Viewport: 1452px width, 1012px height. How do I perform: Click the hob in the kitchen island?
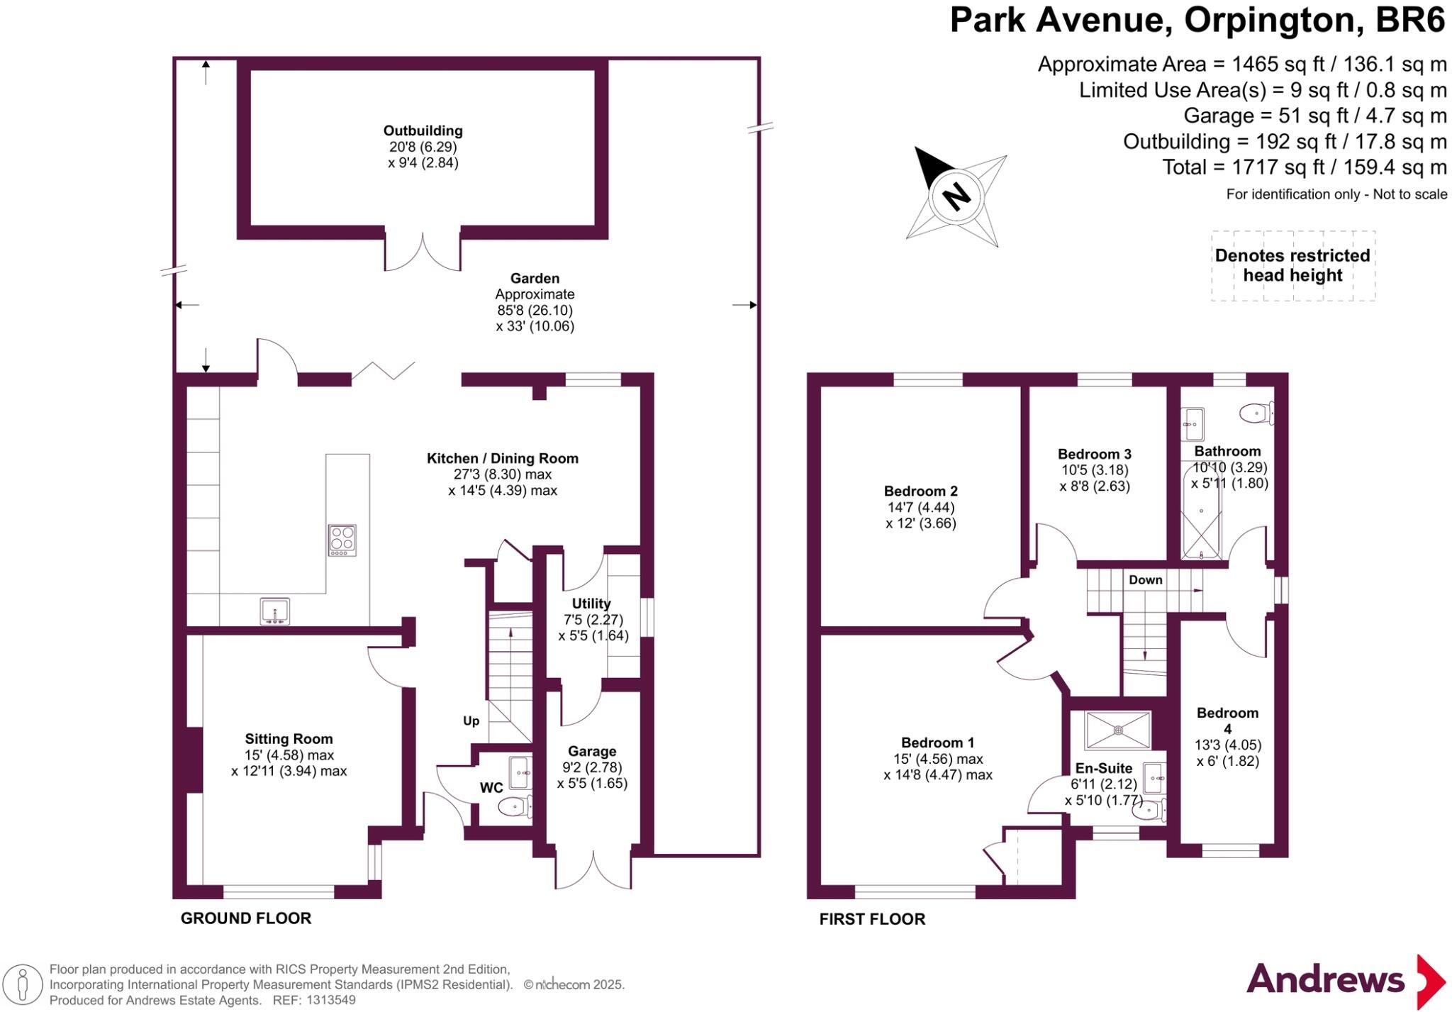point(342,540)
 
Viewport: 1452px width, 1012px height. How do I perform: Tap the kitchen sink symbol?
point(274,611)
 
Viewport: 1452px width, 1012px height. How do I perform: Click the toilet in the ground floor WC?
point(514,806)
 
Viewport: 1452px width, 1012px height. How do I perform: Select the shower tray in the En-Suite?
point(1118,730)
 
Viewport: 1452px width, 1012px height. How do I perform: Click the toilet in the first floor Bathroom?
point(1256,412)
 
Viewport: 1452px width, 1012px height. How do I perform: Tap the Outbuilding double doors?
point(423,252)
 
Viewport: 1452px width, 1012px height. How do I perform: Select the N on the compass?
point(956,195)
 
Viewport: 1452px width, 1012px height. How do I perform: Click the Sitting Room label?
point(289,739)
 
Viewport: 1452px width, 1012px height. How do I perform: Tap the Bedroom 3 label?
point(1094,455)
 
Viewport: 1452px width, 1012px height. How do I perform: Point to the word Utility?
point(591,604)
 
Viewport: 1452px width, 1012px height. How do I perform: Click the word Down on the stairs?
point(1145,579)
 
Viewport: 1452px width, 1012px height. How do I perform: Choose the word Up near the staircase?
point(471,721)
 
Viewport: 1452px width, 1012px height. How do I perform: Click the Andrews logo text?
point(1325,980)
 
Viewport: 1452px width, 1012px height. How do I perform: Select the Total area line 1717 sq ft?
point(1304,167)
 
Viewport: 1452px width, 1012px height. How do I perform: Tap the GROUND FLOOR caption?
point(246,918)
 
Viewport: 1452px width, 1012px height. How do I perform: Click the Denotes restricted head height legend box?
point(1292,265)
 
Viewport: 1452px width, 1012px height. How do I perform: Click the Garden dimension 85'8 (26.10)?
point(535,311)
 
